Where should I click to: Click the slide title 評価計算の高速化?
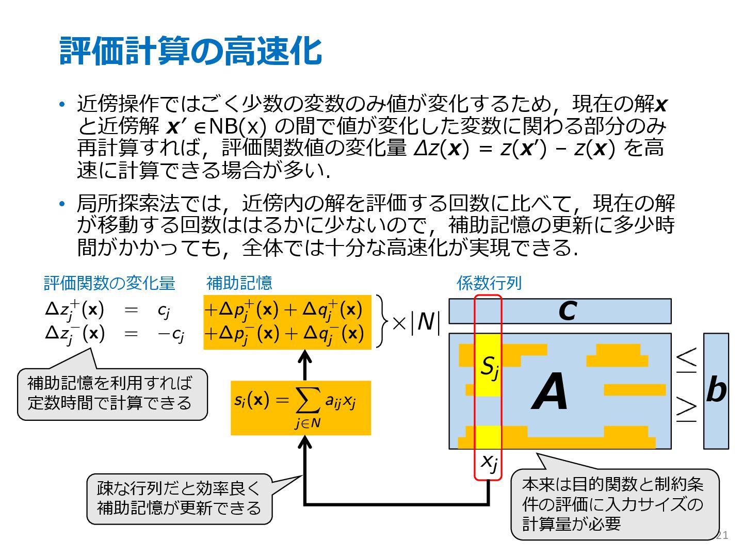pyautogui.click(x=191, y=51)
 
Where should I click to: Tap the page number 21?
pyautogui.click(x=722, y=535)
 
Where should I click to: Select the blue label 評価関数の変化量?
pyautogui.click(x=109, y=283)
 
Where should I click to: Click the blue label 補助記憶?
pyautogui.click(x=239, y=283)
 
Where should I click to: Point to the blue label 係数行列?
pyautogui.click(x=489, y=283)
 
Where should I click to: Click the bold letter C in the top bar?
pyautogui.click(x=568, y=311)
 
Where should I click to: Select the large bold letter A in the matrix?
pyautogui.click(x=550, y=392)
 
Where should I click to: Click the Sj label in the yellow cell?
pyautogui.click(x=489, y=367)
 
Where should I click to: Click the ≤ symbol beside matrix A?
pyautogui.click(x=686, y=360)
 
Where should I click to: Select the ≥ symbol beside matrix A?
pyautogui.click(x=686, y=408)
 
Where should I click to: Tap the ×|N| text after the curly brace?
pyautogui.click(x=416, y=323)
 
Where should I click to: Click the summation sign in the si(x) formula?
pyautogui.click(x=308, y=401)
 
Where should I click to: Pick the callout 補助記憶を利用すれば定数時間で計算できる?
pyautogui.click(x=111, y=393)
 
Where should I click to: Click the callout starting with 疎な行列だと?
pyautogui.click(x=179, y=498)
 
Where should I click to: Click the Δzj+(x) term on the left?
pyautogui.click(x=75, y=310)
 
